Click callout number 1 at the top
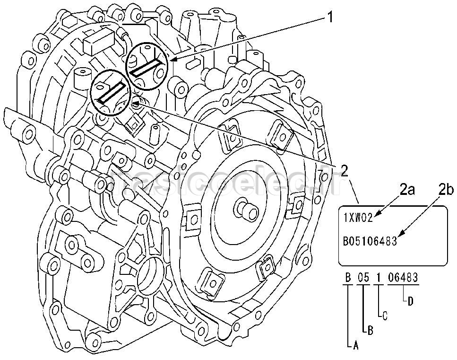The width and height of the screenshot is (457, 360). (329, 18)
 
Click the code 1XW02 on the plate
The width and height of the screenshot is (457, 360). (358, 218)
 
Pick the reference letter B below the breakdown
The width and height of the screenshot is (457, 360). (370, 331)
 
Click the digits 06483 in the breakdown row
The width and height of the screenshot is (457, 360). (403, 278)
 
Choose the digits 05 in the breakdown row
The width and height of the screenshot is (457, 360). (362, 278)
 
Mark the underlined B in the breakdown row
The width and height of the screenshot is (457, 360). (348, 278)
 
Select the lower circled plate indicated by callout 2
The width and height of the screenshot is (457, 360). (112, 92)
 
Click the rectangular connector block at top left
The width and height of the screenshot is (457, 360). (99, 42)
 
